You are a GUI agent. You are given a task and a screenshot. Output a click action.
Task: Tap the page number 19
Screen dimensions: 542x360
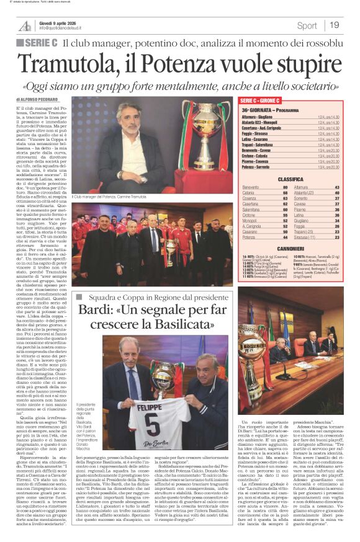coord(335,25)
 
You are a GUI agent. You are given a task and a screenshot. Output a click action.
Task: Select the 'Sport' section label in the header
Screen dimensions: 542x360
coord(307,25)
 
